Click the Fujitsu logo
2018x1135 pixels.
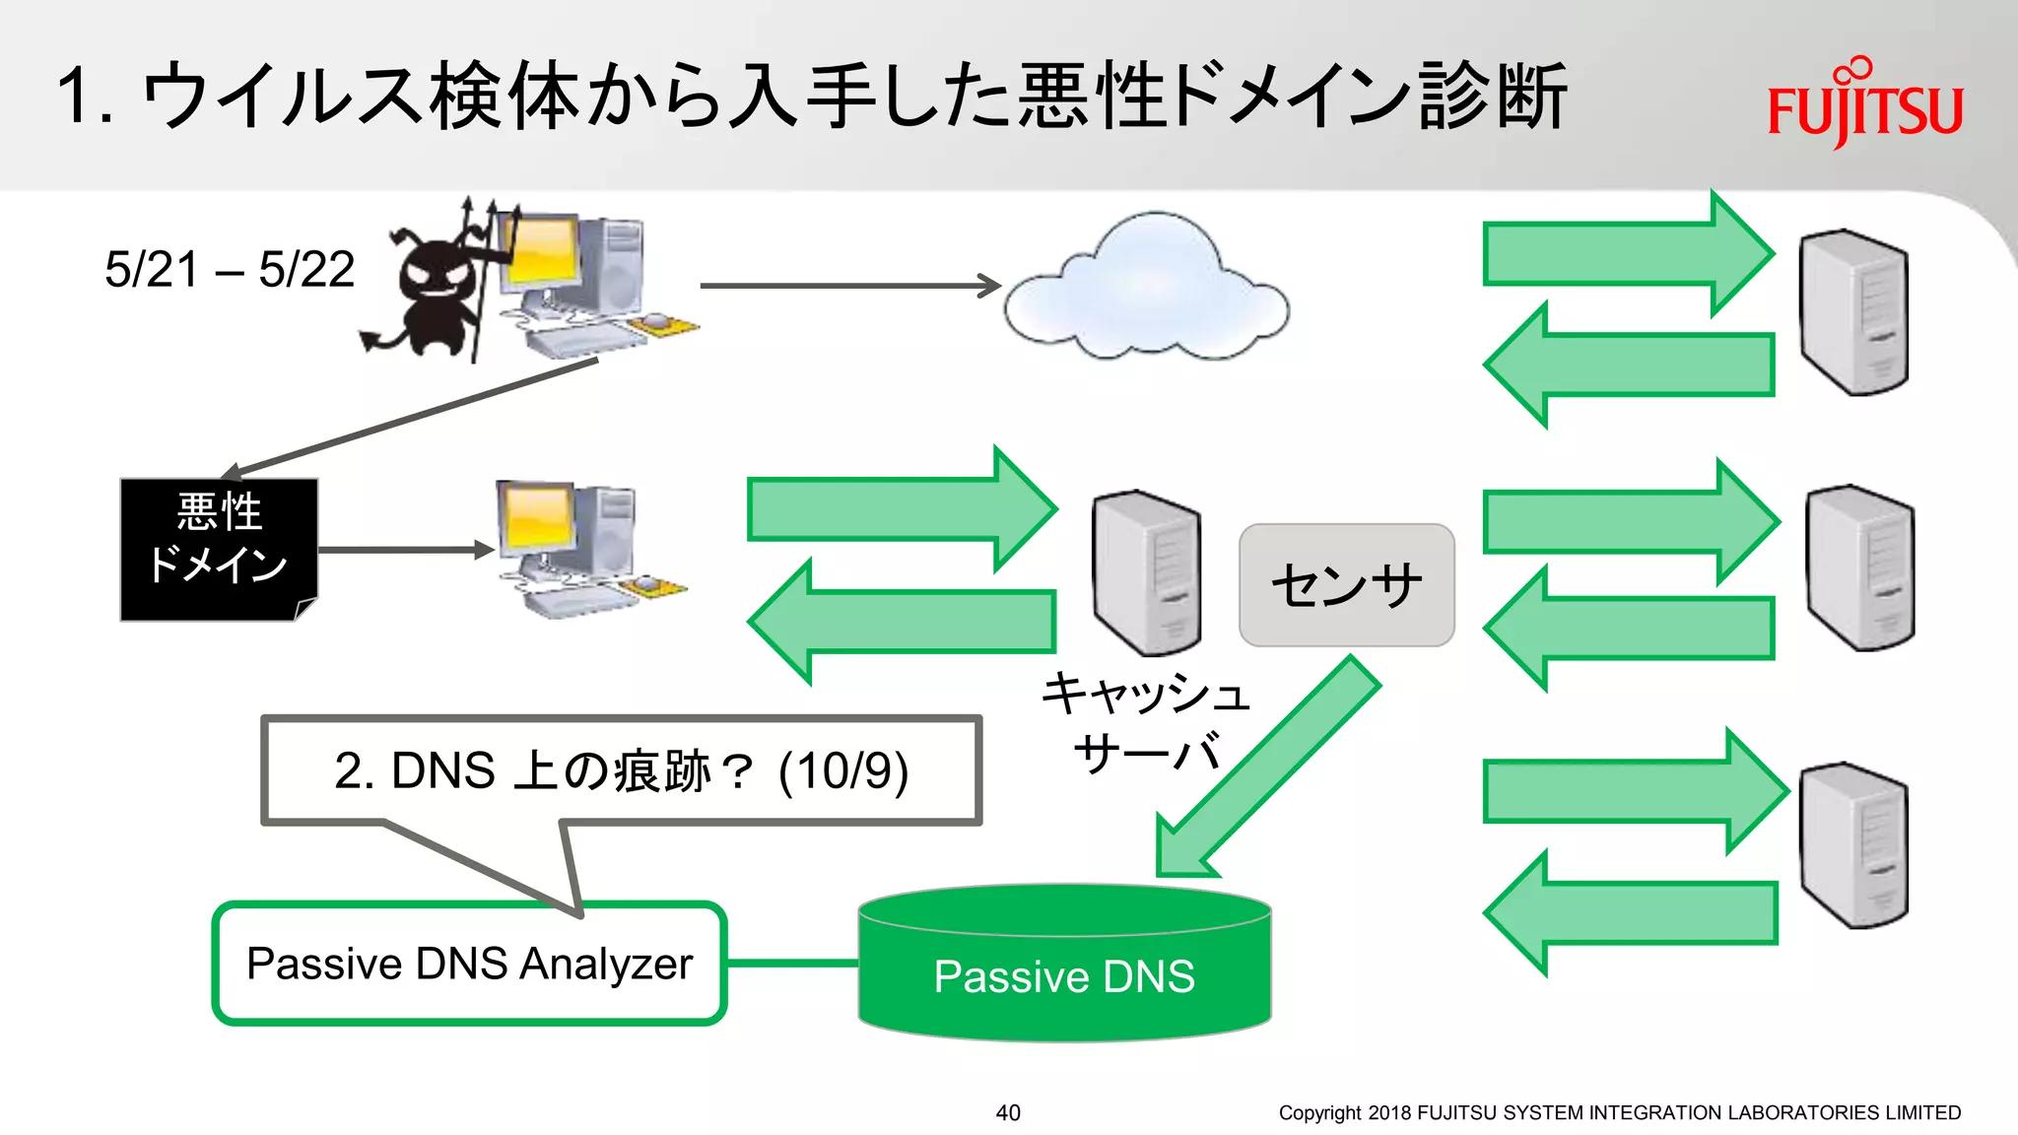(x=1864, y=106)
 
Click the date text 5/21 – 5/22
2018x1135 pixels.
(x=230, y=270)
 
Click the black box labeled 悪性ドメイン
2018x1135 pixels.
(x=219, y=549)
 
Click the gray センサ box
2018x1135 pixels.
(x=1346, y=585)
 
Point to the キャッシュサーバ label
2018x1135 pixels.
(x=1146, y=723)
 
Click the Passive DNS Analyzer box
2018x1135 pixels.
(x=469, y=964)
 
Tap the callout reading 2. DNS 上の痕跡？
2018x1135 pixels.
(x=621, y=770)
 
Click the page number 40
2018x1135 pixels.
(x=1008, y=1112)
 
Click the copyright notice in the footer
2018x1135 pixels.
(x=1619, y=1112)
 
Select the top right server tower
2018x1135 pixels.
(x=1852, y=313)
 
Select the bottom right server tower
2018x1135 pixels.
(x=1852, y=845)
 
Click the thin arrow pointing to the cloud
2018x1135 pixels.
(x=847, y=286)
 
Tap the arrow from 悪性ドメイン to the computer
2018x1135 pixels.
(x=404, y=550)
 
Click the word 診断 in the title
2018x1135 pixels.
(x=1492, y=97)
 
